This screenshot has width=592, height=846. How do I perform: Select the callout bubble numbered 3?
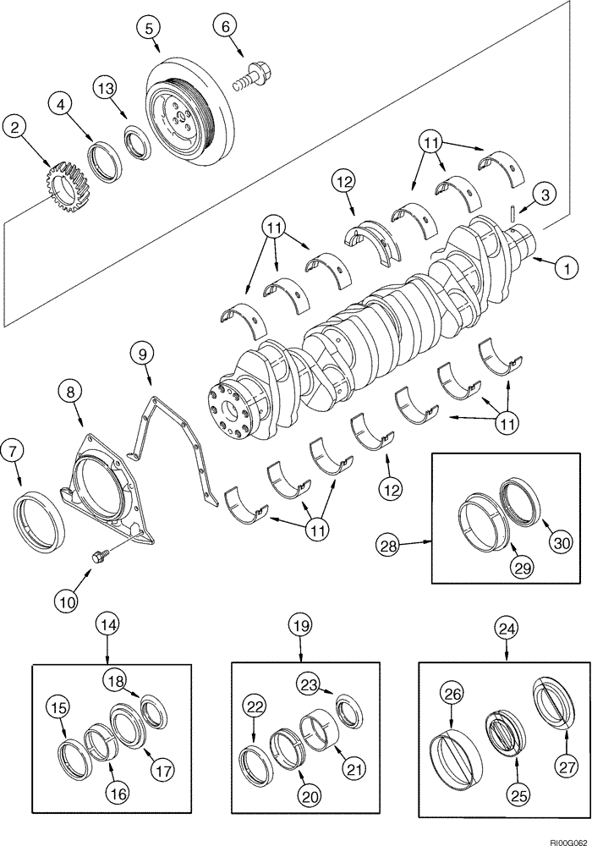point(545,195)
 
